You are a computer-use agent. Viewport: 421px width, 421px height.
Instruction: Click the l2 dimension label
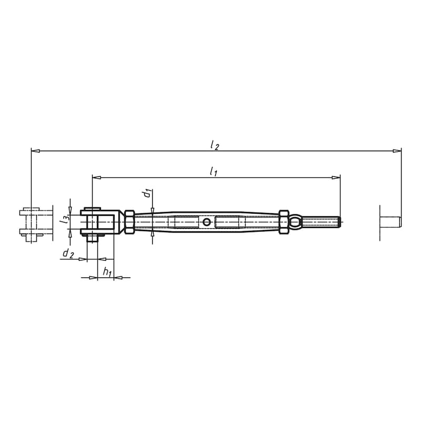(214, 145)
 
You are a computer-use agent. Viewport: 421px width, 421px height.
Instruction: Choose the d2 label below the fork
(68, 254)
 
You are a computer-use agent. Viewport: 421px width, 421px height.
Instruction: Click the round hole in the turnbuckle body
(207, 222)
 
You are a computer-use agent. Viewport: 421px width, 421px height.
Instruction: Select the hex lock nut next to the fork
(128, 222)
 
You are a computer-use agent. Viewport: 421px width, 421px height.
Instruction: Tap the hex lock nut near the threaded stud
(284, 222)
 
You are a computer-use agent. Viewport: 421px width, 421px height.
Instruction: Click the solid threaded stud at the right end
(321, 222)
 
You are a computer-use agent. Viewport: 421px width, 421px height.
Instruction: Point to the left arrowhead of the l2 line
(35, 151)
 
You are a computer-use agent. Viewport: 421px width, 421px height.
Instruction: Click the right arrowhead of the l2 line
(397, 151)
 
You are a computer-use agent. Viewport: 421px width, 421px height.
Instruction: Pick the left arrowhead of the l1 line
(96, 177)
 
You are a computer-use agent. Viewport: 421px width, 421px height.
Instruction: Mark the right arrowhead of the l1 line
(337, 177)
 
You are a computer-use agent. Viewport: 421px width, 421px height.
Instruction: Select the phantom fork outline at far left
(35, 224)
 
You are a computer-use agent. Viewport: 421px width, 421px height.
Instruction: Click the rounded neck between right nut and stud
(296, 222)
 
